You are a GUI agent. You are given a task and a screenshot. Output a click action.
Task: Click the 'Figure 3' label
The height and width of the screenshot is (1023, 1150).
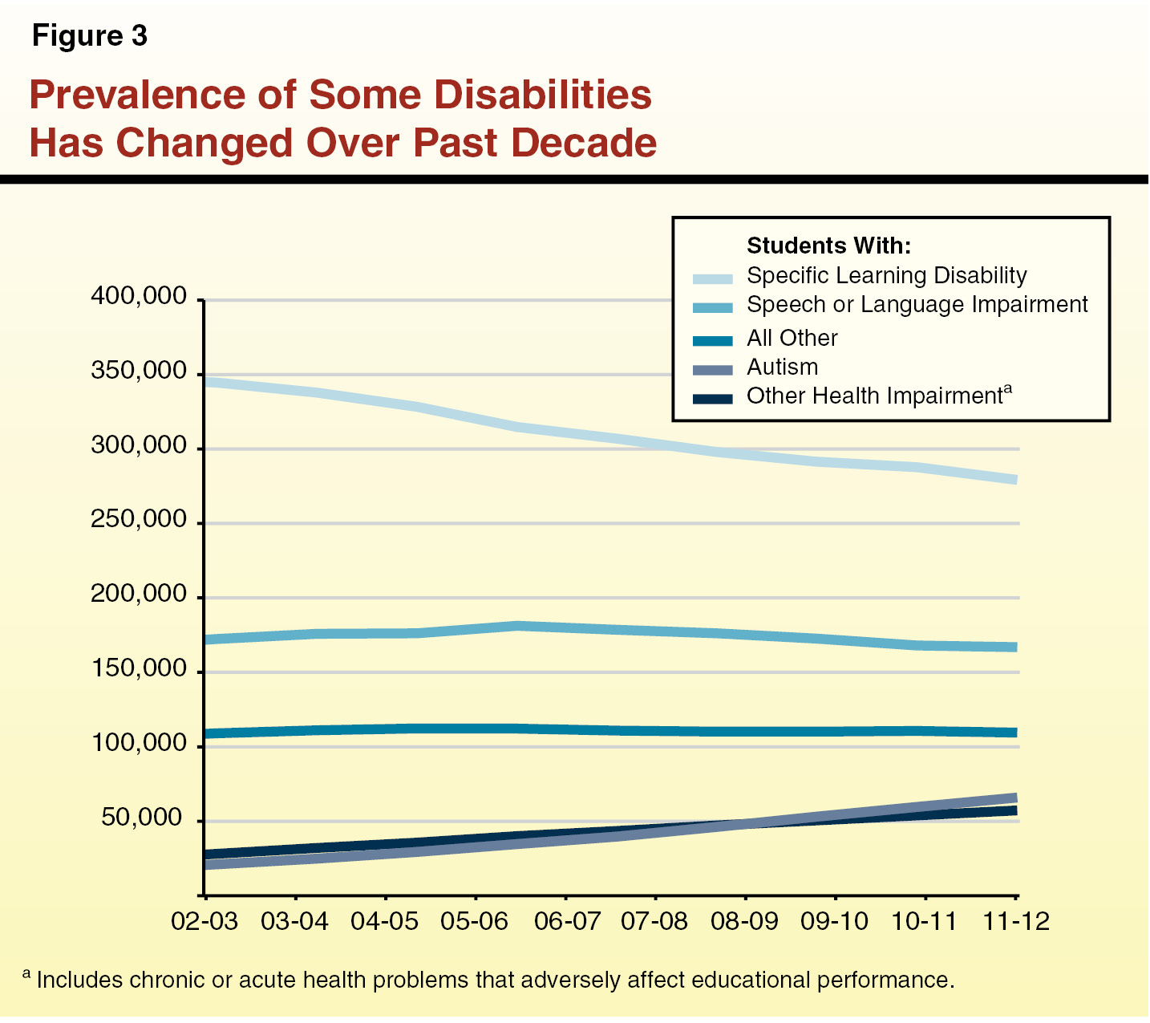90,37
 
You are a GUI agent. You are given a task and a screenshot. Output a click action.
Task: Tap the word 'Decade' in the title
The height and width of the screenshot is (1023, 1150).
583,143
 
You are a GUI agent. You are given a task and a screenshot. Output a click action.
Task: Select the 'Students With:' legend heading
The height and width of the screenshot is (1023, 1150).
828,246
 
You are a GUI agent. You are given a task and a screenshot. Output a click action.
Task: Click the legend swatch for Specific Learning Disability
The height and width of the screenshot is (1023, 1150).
713,278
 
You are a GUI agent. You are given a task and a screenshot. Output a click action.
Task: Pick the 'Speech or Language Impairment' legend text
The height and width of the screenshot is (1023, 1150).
917,305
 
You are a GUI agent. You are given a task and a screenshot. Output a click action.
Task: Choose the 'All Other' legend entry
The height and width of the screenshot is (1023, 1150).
792,339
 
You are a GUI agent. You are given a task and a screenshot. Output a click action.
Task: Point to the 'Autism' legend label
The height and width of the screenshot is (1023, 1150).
782,367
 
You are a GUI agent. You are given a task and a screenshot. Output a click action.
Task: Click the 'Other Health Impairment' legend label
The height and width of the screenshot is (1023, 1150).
874,396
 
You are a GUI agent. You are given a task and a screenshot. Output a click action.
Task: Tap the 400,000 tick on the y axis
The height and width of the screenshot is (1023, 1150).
139,298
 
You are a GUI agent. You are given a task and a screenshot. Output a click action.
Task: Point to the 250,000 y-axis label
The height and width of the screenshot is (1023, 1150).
139,522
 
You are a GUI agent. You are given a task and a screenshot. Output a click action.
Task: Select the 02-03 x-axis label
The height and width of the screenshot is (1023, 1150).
205,922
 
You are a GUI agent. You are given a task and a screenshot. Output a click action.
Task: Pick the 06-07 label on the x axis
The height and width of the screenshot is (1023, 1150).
566,922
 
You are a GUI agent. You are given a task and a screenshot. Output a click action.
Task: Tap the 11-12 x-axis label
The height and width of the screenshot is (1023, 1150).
1016,922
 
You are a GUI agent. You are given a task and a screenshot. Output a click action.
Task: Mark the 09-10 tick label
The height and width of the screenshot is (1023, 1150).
835,922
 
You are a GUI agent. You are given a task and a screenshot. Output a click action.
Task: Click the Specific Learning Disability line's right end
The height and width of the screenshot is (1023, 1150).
1015,480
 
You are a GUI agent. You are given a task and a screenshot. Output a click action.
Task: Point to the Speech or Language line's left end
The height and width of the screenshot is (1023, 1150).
207,640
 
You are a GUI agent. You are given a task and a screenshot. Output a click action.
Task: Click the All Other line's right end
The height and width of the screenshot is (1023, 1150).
1015,733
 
